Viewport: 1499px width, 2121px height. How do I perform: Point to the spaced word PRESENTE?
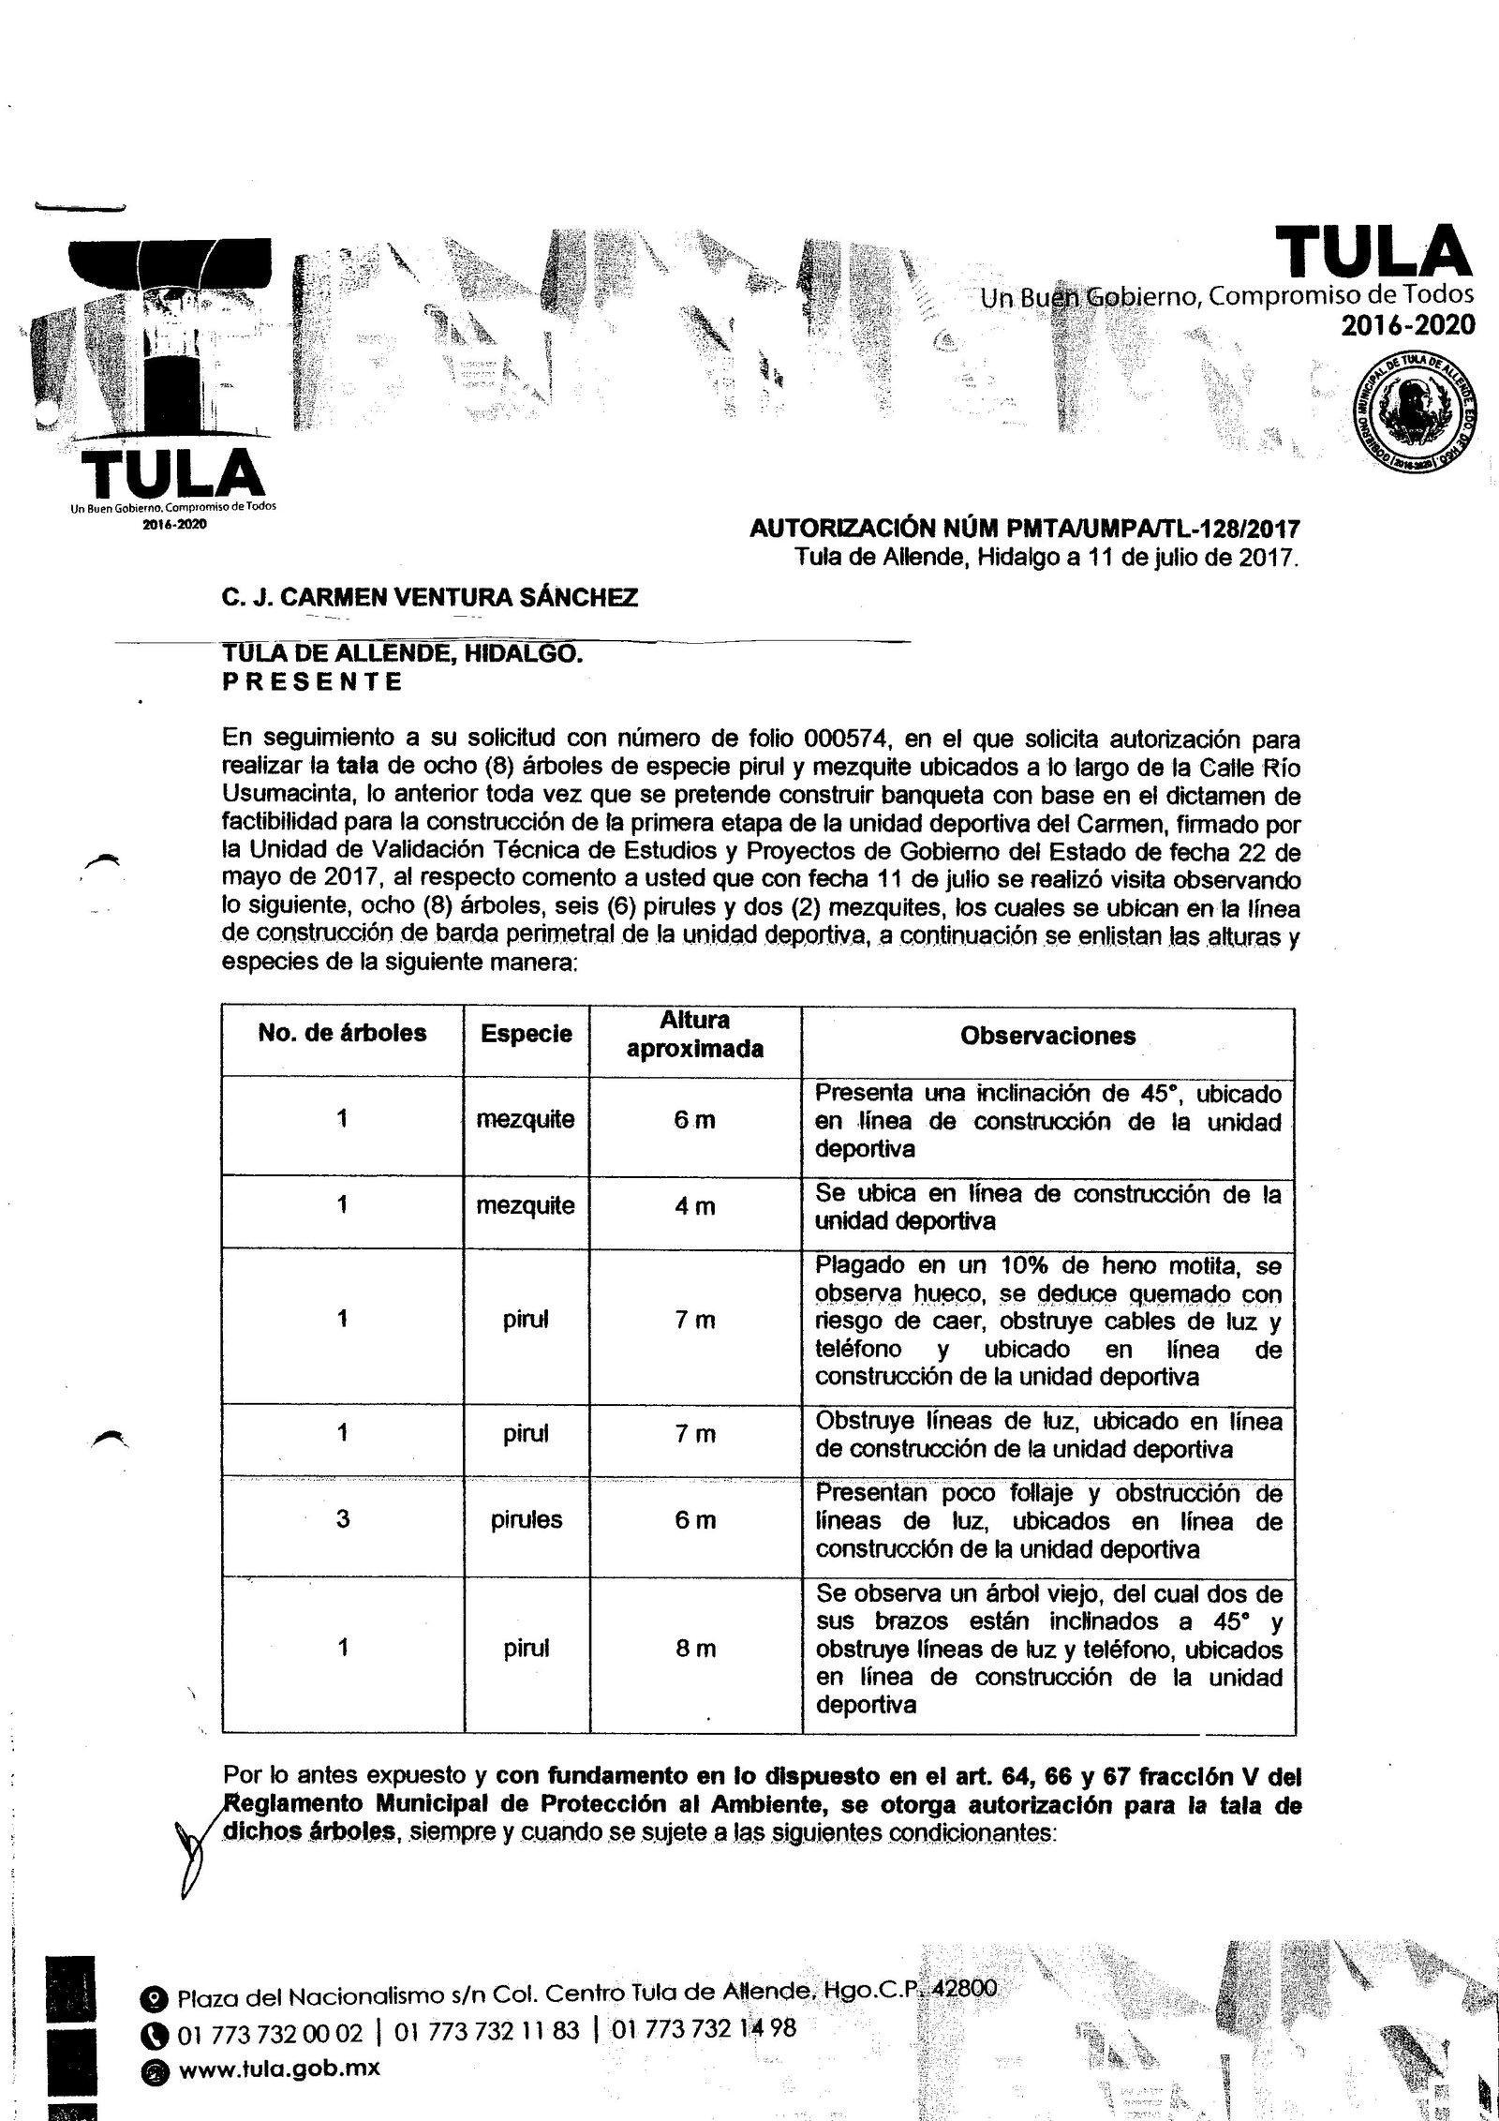coord(313,681)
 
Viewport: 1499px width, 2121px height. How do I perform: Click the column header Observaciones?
coord(1047,1036)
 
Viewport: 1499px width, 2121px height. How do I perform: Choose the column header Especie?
coord(527,1034)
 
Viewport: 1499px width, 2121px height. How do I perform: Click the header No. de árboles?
coord(342,1033)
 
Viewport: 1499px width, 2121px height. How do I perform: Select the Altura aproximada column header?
coord(694,1034)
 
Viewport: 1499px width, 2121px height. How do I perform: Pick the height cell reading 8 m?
coord(694,1648)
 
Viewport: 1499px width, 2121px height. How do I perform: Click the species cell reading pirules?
coord(527,1519)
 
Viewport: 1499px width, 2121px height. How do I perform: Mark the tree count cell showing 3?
coord(342,1518)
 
